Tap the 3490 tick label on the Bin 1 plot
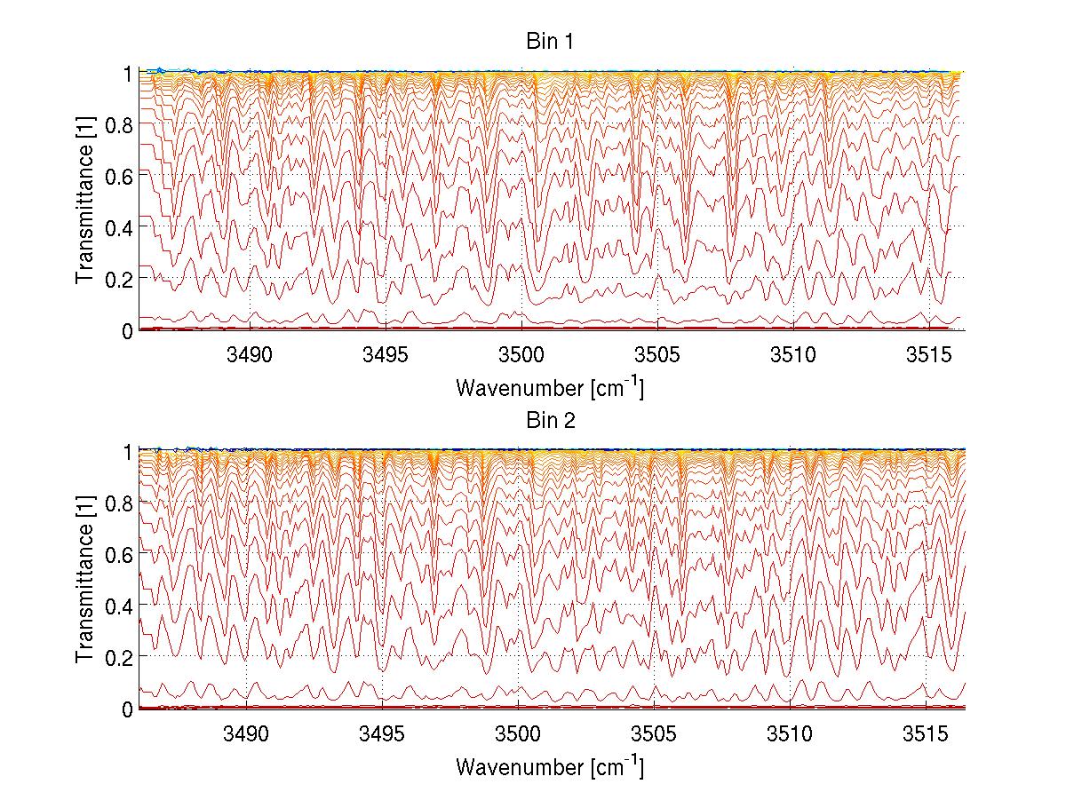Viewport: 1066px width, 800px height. tap(251, 356)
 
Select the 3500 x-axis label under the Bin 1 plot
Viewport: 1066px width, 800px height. tap(521, 356)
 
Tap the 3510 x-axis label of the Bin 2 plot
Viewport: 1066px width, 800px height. tap(790, 734)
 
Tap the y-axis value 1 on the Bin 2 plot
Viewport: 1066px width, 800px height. tap(128, 451)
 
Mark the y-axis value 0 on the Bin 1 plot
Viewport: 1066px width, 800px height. tap(128, 330)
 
